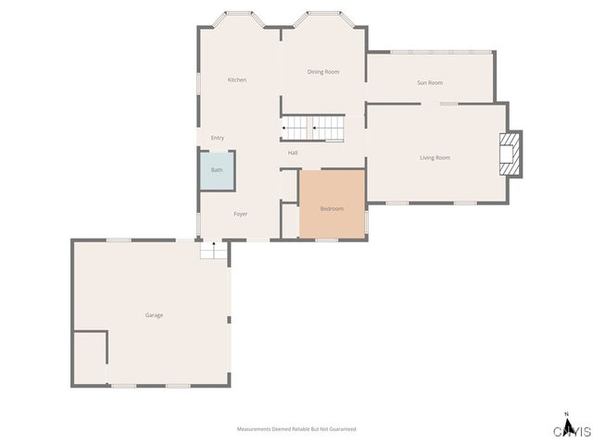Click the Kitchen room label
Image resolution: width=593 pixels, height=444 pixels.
tap(237, 80)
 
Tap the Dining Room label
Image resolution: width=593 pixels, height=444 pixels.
tap(323, 72)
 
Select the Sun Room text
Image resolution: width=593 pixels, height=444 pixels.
tap(430, 83)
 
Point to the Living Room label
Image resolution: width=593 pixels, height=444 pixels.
tap(435, 158)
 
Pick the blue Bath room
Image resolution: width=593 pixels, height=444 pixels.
tap(217, 171)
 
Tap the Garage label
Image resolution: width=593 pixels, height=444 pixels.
tap(154, 315)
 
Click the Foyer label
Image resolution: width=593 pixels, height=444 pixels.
tap(241, 215)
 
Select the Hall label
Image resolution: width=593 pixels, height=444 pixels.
tap(293, 153)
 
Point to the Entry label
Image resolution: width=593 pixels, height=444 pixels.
tap(218, 138)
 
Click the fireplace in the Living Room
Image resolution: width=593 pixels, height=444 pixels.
tap(509, 153)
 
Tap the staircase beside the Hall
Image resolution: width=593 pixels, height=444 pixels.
tap(313, 128)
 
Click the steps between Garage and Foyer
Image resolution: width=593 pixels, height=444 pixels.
tap(214, 250)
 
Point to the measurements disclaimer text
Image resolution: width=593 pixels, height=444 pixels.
tap(296, 429)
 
